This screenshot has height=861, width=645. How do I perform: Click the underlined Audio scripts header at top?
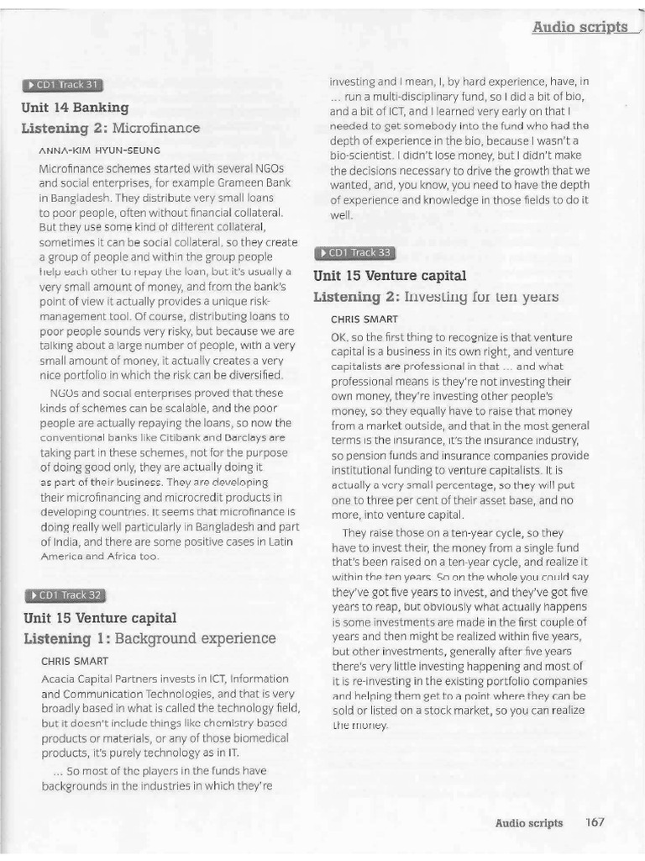click(x=579, y=27)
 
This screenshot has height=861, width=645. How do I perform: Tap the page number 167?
click(x=595, y=822)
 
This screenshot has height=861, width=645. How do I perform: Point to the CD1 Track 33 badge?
click(x=354, y=252)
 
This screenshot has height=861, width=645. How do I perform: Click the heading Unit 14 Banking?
click(x=76, y=108)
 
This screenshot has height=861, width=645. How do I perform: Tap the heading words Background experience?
click(x=183, y=639)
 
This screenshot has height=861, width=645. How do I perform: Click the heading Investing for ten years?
click(x=480, y=297)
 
